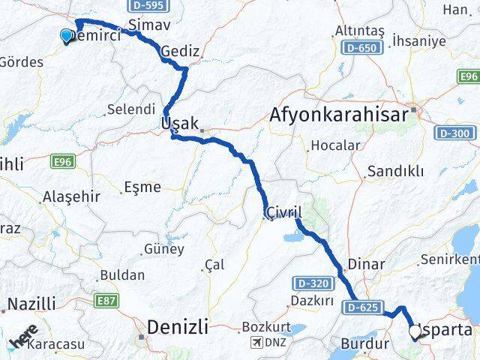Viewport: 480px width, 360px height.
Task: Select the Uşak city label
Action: (179, 124)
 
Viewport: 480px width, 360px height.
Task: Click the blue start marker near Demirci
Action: (67, 35)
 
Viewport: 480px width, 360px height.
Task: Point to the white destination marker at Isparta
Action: (415, 330)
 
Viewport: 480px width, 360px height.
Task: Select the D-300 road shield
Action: (455, 133)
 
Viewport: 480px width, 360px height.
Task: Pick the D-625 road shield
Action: (364, 307)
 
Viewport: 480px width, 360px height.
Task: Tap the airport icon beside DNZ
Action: (258, 343)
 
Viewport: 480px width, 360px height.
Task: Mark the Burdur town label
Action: (364, 345)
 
